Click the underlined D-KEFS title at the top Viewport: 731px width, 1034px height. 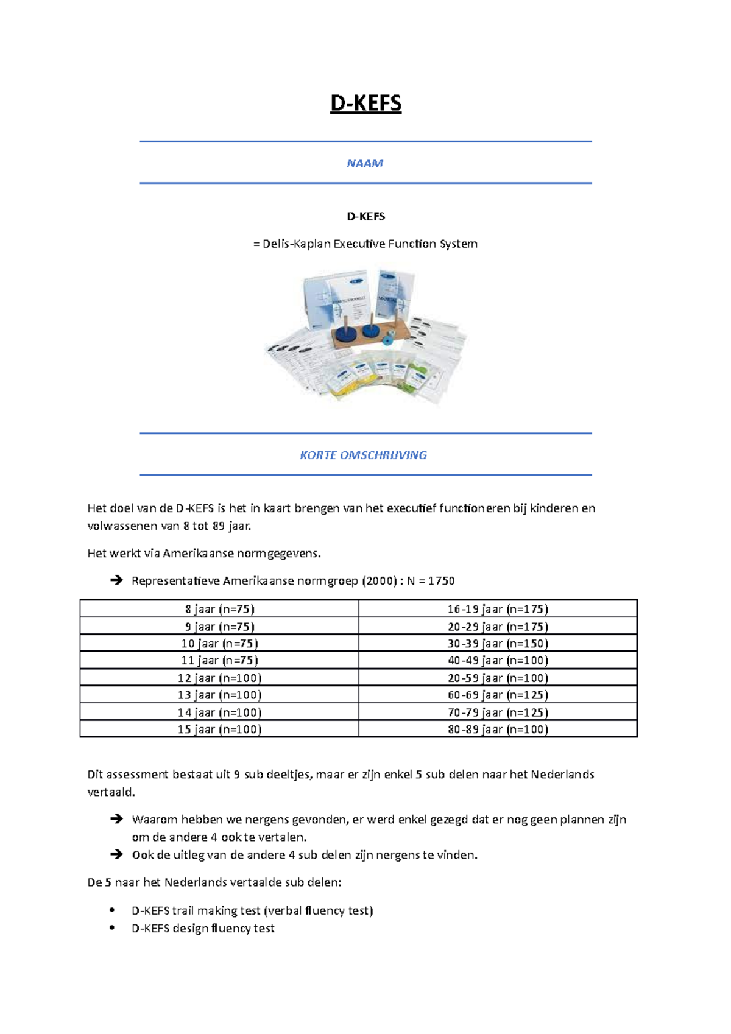(365, 104)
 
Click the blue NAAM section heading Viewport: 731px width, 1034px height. (365, 163)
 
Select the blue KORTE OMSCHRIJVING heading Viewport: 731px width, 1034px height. (363, 455)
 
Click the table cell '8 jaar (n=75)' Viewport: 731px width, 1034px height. (219, 609)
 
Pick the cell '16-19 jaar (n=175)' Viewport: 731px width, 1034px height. (498, 609)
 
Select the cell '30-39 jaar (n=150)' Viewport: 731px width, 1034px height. (498, 644)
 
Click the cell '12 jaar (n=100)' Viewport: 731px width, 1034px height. (219, 678)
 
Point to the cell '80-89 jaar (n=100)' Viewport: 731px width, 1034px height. (498, 730)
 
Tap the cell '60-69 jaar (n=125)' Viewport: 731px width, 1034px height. (498, 695)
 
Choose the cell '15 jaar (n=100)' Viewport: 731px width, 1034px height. (219, 730)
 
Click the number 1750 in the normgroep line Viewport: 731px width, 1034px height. (441, 581)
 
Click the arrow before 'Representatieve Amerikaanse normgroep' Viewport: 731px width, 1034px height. (116, 580)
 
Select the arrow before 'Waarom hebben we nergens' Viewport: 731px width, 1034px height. (116, 819)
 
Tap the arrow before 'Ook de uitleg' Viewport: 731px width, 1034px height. (116, 854)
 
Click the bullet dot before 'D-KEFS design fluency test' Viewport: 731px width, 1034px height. (112, 927)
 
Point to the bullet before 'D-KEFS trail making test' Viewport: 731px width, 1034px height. (112, 910)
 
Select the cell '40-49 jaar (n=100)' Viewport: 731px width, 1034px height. (498, 661)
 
